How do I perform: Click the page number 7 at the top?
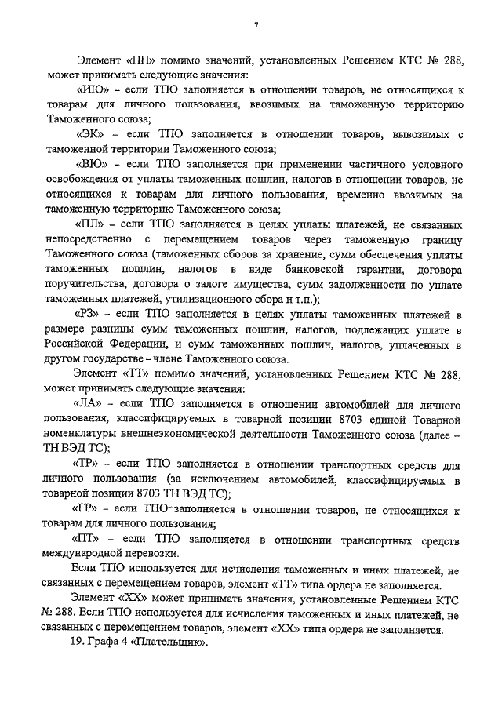click(256, 27)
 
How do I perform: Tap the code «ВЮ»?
click(93, 165)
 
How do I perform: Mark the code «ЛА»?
click(93, 403)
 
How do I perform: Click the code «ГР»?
click(92, 510)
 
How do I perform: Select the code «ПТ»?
click(92, 540)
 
